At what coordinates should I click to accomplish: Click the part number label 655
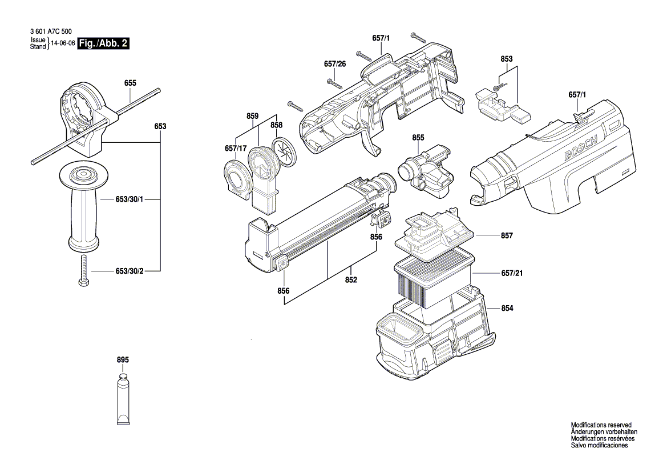tap(130, 83)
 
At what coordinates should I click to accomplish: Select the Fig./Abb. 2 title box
tap(103, 43)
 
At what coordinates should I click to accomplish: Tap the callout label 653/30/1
tap(130, 199)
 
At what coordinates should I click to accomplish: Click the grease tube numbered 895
tap(123, 399)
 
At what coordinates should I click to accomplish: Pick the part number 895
tap(123, 360)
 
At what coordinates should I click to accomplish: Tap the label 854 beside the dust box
tap(507, 308)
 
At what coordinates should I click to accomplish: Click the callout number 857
tap(507, 235)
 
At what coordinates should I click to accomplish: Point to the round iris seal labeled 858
tap(284, 150)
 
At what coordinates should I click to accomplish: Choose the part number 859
tap(252, 116)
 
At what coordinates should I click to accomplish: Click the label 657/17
tap(236, 148)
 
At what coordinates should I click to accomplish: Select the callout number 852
tap(351, 280)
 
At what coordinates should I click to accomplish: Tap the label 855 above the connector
tap(418, 138)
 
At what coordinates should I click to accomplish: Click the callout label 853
tap(507, 59)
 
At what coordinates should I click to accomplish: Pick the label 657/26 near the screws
tap(335, 64)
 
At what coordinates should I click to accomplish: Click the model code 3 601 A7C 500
tap(51, 31)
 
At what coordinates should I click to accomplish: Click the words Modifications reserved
tap(601, 425)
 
